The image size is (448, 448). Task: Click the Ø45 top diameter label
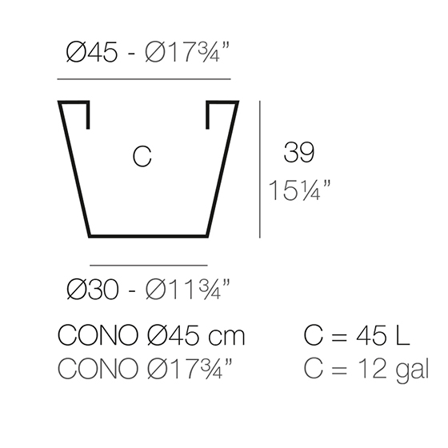click(91, 52)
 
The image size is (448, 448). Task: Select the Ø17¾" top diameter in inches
click(187, 52)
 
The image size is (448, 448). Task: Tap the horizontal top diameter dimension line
click(144, 79)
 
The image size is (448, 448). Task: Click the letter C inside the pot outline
click(142, 156)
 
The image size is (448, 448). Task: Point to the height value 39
click(299, 152)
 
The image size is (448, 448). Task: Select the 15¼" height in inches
click(299, 190)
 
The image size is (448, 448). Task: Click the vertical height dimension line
click(260, 169)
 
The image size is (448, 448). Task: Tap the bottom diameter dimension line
click(149, 266)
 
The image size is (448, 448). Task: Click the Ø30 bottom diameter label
click(92, 289)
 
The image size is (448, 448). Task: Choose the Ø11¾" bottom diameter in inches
click(187, 289)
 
